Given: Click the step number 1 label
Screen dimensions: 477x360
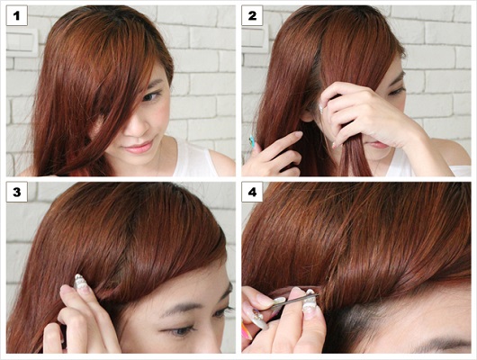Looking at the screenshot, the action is point(17,15).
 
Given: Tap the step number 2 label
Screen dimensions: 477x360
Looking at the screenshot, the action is point(252,15).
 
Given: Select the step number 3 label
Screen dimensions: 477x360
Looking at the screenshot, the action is point(17,192).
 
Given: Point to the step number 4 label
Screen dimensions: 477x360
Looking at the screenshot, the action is point(252,192).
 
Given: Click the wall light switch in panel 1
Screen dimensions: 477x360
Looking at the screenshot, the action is point(22,42).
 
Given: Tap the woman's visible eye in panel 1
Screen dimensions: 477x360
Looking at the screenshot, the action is point(150,96).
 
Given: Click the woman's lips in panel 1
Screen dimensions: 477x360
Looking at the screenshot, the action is point(138,148).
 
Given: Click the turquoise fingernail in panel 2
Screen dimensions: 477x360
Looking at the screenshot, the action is point(252,140).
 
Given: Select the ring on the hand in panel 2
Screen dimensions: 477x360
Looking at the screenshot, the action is point(322,108).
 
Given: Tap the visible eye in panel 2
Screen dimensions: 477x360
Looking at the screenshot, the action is point(395,91).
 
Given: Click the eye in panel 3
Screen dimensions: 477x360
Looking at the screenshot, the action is point(179,331).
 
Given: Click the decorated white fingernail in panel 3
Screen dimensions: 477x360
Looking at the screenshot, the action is point(79,283).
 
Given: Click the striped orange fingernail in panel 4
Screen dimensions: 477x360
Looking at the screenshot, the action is point(246,331).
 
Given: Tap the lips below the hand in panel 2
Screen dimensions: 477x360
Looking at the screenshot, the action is point(377,145).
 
